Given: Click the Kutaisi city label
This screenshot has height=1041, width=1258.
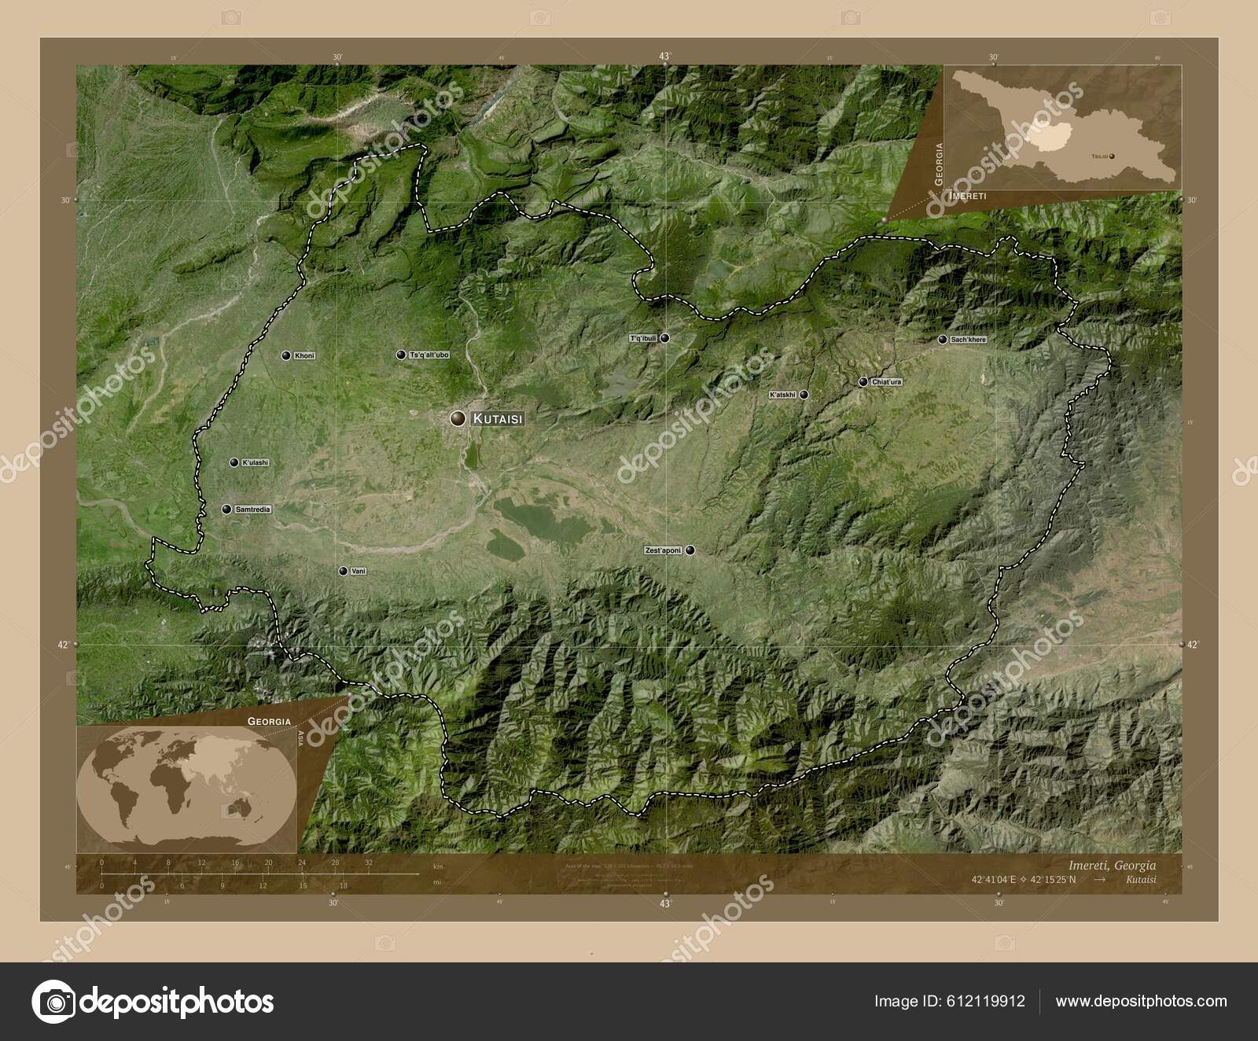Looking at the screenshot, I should tap(497, 420).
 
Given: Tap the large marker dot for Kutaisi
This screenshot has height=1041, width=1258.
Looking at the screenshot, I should tap(457, 418).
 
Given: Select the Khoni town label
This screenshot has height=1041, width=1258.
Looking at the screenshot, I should tap(303, 356).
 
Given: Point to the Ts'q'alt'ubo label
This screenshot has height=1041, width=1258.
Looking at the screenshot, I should tap(429, 355).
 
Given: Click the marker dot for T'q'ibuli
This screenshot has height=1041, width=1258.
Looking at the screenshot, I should tap(665, 338).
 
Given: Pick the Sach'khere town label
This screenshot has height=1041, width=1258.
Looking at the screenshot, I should tap(968, 340).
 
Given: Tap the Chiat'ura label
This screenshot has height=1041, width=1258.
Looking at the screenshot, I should tap(886, 382).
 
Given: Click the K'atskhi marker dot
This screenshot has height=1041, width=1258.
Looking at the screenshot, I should tap(804, 395).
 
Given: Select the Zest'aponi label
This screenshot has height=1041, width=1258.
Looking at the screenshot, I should tap(663, 550).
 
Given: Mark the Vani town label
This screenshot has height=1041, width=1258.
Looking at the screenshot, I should tap(359, 571).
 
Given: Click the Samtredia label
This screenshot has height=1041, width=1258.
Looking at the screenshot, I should tap(252, 509).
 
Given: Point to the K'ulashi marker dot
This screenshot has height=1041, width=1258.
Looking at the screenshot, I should tap(234, 462).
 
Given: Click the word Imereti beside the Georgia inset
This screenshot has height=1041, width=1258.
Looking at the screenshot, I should tap(967, 194).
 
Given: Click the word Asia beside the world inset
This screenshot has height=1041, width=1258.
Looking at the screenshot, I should tap(301, 737).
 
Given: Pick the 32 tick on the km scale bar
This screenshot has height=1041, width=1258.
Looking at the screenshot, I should tap(369, 863).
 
